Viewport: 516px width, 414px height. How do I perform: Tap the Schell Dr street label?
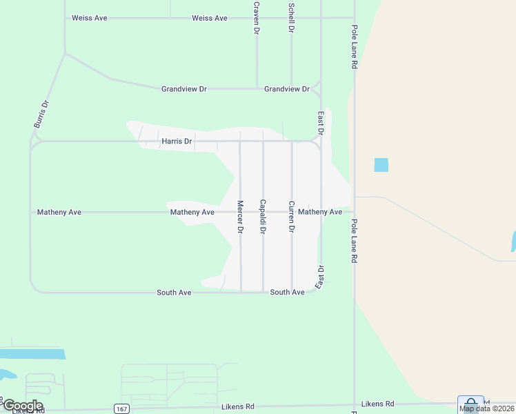click(x=292, y=17)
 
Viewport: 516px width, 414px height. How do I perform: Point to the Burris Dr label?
click(x=42, y=115)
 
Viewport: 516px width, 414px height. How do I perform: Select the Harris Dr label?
click(x=177, y=141)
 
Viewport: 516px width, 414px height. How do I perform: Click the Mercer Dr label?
click(x=240, y=217)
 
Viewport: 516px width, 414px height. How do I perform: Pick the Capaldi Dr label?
click(x=263, y=216)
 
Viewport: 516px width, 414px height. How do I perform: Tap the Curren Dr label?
click(x=292, y=216)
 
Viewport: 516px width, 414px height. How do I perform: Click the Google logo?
click(x=22, y=406)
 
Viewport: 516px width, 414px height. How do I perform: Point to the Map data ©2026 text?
click(x=486, y=408)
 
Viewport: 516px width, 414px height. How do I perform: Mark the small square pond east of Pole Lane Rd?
click(x=381, y=165)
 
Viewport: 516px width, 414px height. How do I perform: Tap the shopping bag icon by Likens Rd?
click(x=470, y=404)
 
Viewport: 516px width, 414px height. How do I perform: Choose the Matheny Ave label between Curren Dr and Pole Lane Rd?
click(x=320, y=212)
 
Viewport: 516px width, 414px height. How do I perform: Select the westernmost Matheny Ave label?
click(x=59, y=213)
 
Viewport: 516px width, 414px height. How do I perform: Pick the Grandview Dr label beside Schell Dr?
click(x=287, y=89)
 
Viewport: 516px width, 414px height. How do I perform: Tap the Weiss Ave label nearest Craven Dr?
click(x=210, y=18)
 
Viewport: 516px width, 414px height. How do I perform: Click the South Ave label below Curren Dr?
click(x=288, y=293)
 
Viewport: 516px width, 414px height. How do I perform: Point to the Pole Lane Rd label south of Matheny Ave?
click(x=355, y=241)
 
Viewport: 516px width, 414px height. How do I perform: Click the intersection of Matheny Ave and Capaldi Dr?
click(x=263, y=212)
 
